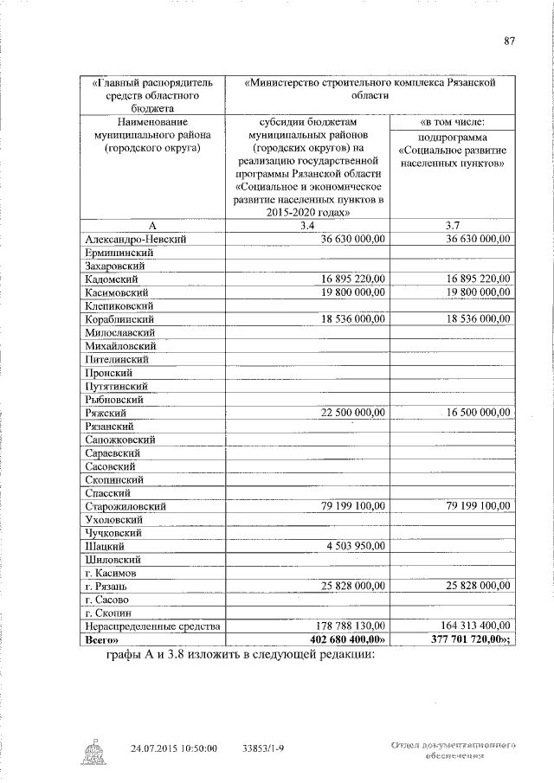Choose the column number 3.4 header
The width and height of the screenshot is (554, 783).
pos(306,226)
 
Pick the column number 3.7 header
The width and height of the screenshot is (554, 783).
pos(451,226)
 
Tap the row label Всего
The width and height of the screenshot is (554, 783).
pos(103,639)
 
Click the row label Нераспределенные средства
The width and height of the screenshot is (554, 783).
pos(152,626)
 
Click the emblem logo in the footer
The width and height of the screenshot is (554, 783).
pos(93,750)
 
